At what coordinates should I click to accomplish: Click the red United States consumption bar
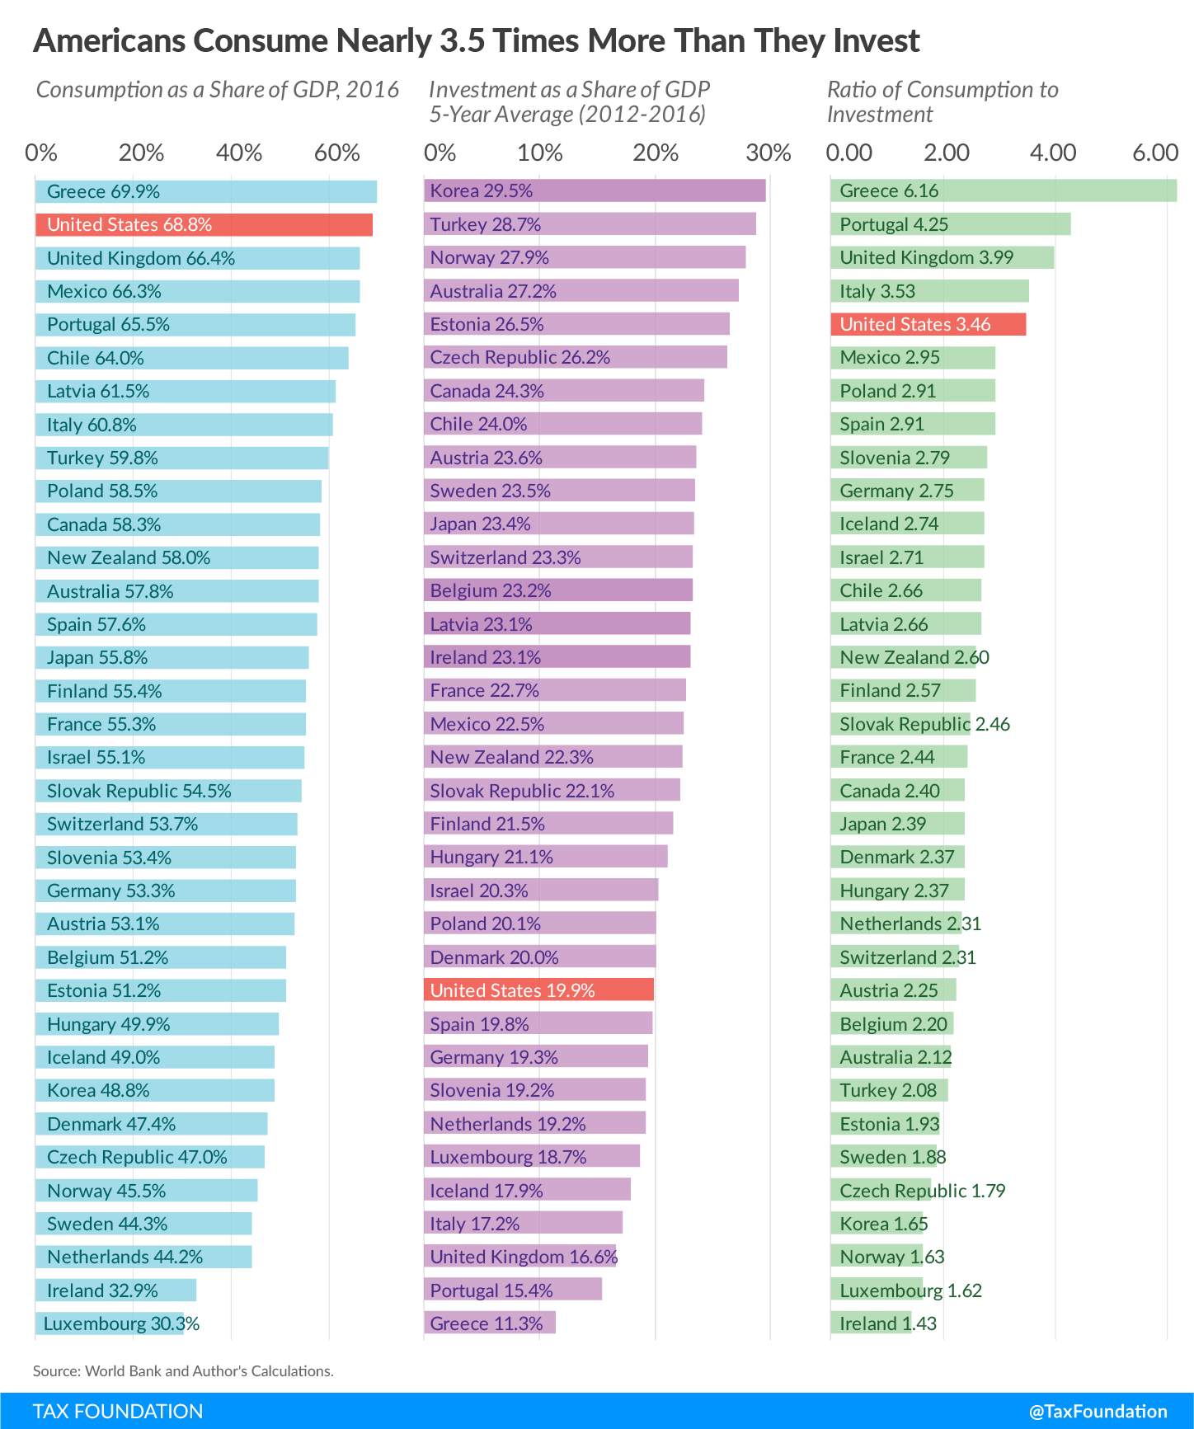click(204, 225)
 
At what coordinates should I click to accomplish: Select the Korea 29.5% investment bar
click(595, 191)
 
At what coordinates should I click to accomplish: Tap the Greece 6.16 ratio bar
click(1003, 191)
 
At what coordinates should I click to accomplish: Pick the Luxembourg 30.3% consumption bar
click(110, 1324)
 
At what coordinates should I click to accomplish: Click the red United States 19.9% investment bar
click(538, 990)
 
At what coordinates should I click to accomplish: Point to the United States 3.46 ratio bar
click(928, 324)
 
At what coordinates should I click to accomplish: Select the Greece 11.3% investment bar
click(490, 1323)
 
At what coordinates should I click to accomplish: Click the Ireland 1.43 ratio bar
click(871, 1323)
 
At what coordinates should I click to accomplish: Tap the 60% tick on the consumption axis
click(337, 153)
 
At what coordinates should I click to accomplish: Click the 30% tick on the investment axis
click(768, 153)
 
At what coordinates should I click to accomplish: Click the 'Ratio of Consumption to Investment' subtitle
click(943, 101)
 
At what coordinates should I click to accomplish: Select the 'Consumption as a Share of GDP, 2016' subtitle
click(218, 90)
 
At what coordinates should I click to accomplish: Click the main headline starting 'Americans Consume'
click(476, 41)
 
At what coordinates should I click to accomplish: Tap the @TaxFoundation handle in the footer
click(1098, 1411)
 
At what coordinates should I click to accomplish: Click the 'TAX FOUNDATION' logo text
click(118, 1411)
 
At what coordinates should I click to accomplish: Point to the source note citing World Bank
click(183, 1371)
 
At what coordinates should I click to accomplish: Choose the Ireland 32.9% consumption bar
click(115, 1290)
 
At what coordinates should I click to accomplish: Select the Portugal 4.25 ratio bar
click(950, 224)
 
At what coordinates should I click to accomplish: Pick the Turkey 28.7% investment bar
click(590, 224)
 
